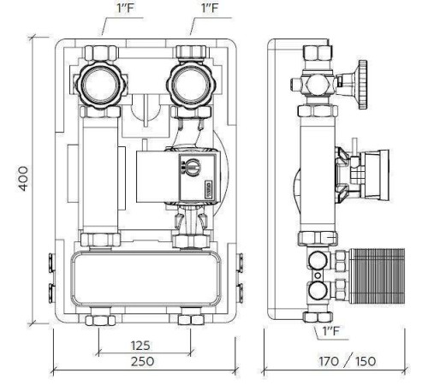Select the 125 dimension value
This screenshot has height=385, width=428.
click(x=142, y=344)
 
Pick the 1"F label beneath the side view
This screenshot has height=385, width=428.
click(x=329, y=329)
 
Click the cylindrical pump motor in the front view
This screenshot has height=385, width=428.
click(x=154, y=175)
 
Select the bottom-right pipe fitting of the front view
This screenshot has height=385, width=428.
click(x=189, y=321)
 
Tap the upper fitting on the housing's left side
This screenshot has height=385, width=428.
click(x=46, y=257)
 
